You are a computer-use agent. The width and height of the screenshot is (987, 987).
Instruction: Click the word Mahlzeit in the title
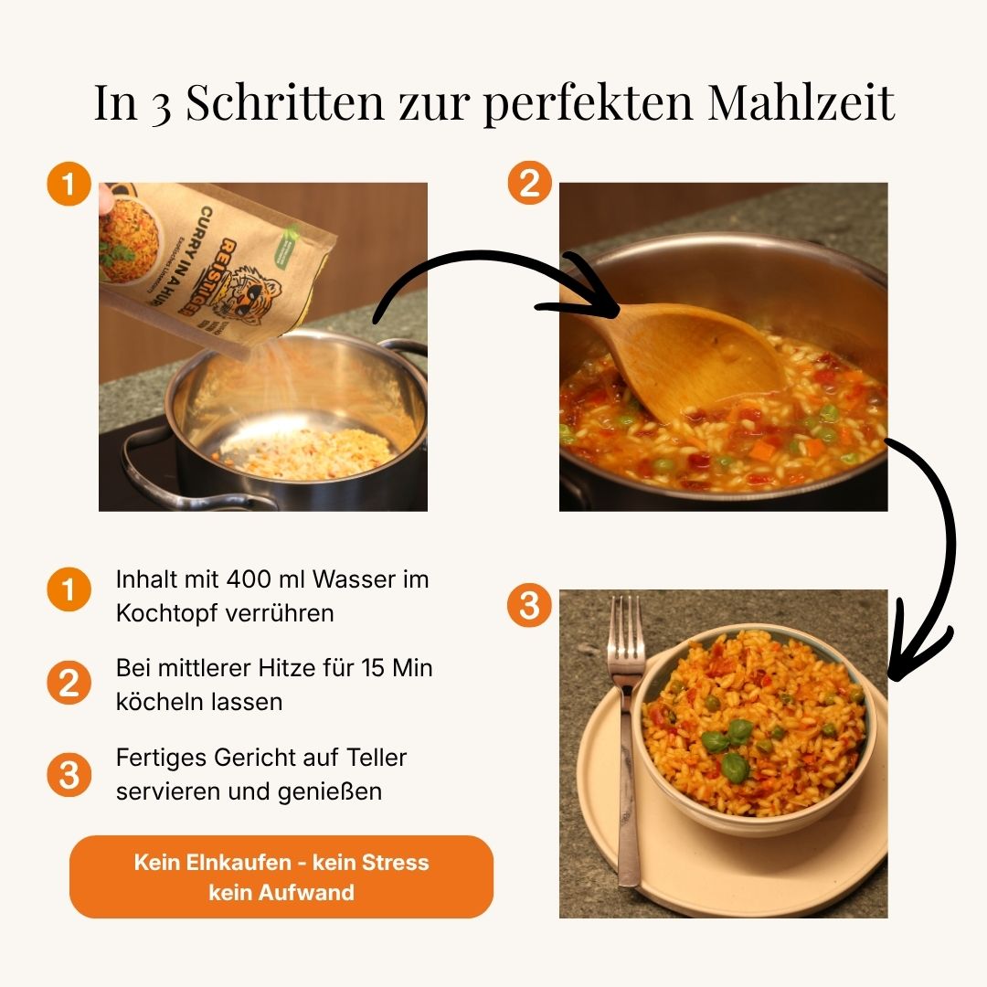(x=801, y=102)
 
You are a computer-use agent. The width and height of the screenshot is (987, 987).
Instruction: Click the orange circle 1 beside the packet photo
(x=69, y=185)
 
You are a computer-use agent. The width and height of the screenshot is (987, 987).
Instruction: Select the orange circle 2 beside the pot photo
(x=529, y=185)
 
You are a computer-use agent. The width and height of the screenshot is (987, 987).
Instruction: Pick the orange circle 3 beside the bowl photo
(x=529, y=606)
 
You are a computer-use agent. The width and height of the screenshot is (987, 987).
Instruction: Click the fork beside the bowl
(x=626, y=731)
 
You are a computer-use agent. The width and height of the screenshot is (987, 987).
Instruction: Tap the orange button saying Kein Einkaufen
(x=281, y=876)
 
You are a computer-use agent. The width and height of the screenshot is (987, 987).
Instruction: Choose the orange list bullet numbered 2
(x=69, y=683)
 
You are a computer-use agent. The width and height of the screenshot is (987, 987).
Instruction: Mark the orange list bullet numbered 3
(x=69, y=775)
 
